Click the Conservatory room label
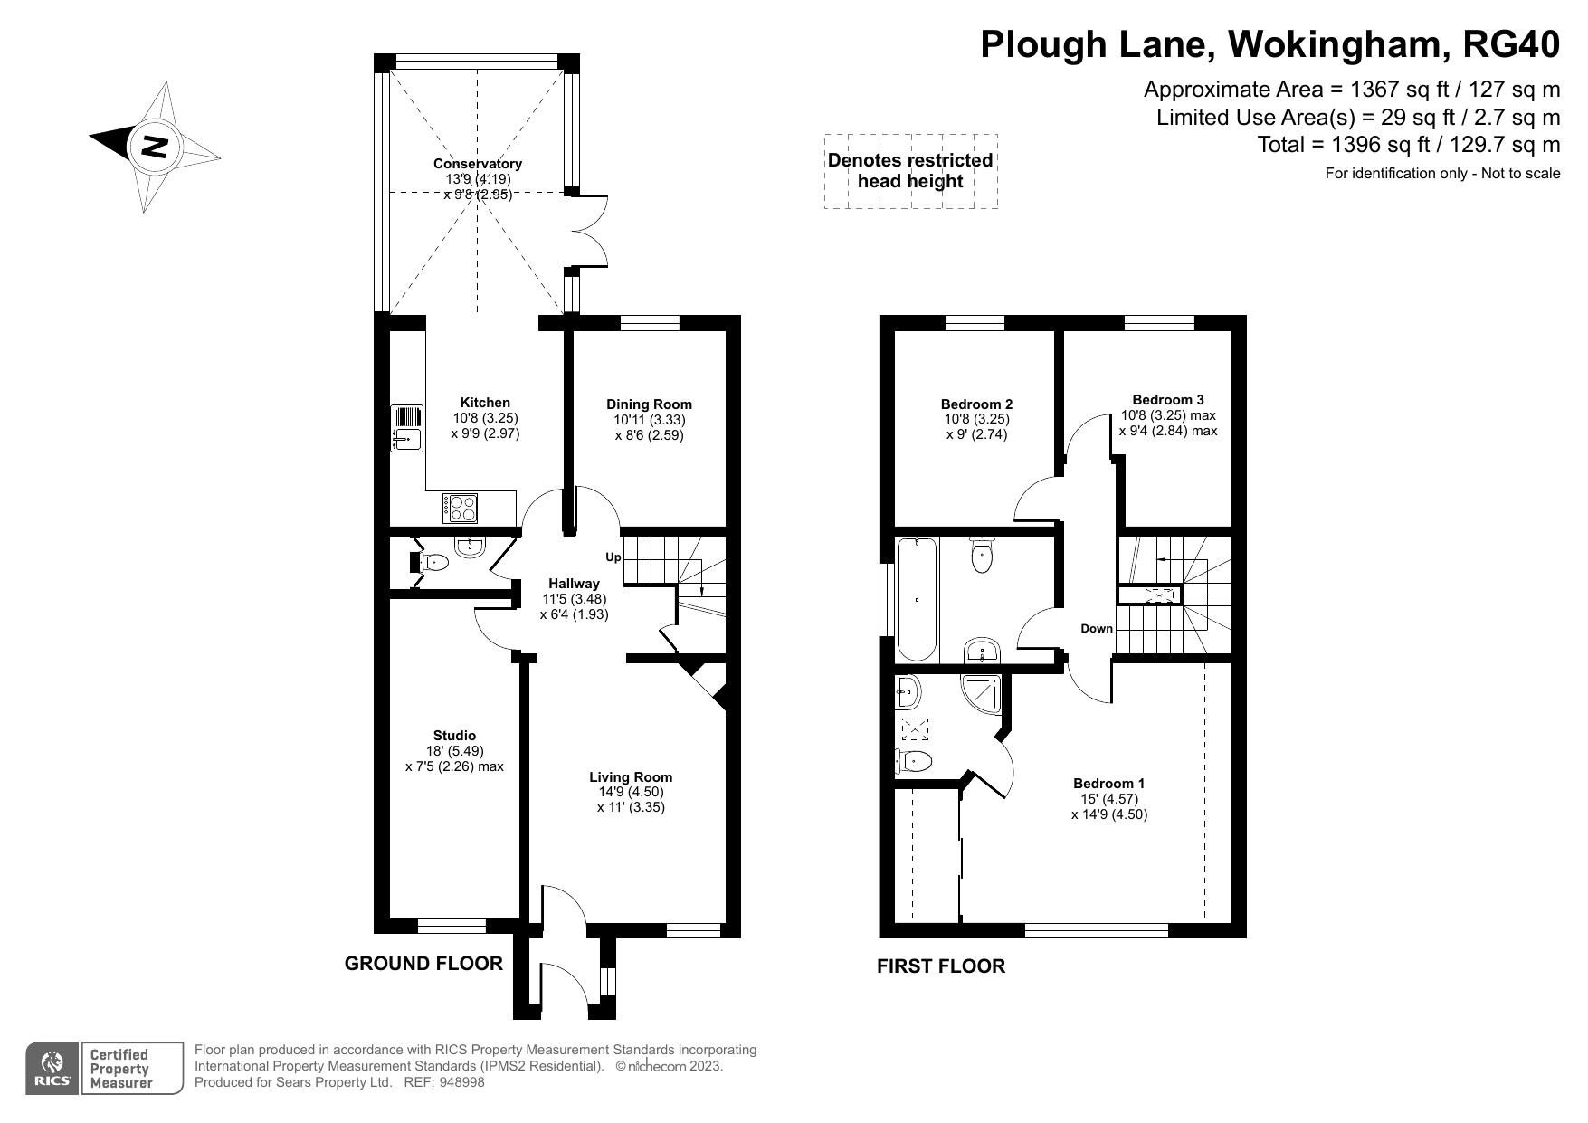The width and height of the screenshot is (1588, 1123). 478,164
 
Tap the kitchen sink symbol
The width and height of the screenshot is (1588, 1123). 407,427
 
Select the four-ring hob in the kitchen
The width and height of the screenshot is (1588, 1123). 461,508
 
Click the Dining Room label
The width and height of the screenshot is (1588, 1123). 649,404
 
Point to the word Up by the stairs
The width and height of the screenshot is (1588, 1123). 613,557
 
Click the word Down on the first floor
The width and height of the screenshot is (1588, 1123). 1097,628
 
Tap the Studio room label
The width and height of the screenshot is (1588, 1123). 454,736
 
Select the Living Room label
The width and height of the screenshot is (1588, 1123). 631,776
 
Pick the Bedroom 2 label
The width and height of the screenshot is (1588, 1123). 976,404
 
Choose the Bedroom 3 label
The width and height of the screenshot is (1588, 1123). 1168,399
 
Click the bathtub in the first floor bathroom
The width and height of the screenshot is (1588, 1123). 918,598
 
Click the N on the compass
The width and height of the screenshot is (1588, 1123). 157,146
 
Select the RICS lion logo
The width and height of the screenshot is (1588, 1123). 52,1069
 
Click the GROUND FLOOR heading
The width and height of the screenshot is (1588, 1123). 423,963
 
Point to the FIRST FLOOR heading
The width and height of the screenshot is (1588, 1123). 941,966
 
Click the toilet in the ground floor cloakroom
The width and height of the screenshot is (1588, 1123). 432,562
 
